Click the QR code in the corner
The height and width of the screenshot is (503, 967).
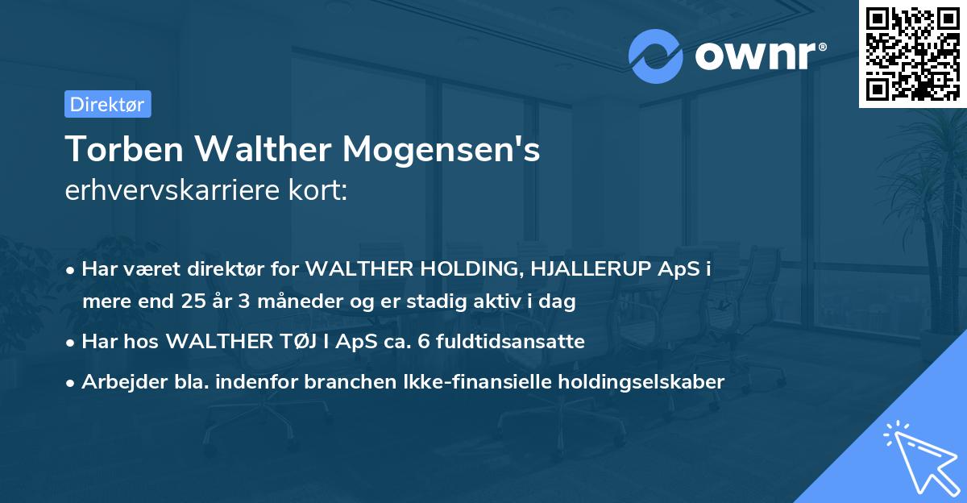click(x=912, y=54)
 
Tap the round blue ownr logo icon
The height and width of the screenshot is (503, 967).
click(x=656, y=56)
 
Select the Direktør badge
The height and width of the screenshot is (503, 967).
click(x=107, y=104)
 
